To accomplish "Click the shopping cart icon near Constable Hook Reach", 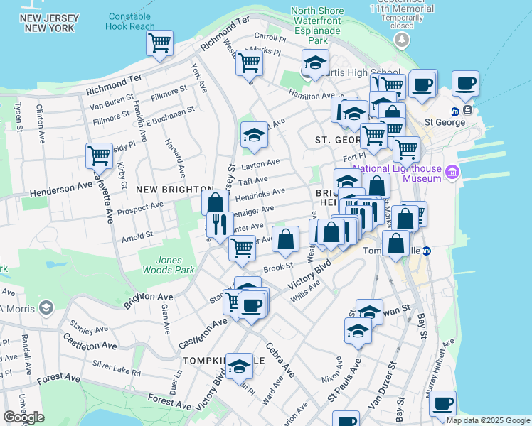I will point(160,43).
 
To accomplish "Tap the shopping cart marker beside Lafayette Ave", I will point(99,155).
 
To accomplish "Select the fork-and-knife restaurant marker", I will point(220,225).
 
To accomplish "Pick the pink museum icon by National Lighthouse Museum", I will point(452,173).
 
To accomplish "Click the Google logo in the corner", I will point(23,417).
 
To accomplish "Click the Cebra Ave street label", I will point(280,361).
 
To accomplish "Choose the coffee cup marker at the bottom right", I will point(442,403).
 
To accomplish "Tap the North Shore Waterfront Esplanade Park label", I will point(318,26).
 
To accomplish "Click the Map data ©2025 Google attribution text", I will point(487,420).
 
